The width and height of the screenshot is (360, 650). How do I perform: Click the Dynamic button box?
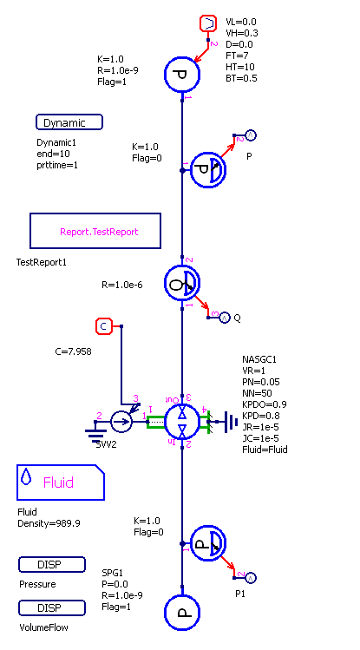pos(69,122)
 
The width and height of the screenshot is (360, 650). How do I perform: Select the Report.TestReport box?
pos(95,231)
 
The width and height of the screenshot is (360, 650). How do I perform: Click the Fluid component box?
pos(61,483)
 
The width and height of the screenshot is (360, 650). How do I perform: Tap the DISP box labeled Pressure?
pos(52,565)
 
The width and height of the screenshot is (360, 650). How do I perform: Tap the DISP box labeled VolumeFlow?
pos(52,607)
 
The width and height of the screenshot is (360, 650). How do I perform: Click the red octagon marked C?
pos(104,326)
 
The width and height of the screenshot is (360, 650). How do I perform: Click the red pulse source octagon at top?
pos(208,23)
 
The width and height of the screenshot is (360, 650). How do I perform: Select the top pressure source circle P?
pos(182,75)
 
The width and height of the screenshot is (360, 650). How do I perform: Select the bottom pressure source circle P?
pos(182,613)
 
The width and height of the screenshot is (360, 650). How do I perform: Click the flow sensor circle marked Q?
pos(182,283)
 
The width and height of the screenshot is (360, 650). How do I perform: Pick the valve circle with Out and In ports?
pos(182,422)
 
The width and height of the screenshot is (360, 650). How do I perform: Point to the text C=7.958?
pos(74,352)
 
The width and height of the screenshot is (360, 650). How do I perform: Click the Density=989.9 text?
pos(49,523)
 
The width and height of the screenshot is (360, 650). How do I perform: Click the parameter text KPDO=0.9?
pos(265,404)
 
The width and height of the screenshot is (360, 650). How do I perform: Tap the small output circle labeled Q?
pos(224,318)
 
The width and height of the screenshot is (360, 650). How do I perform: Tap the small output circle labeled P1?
pos(251,577)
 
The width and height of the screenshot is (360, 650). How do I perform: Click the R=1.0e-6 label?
pos(122,285)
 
